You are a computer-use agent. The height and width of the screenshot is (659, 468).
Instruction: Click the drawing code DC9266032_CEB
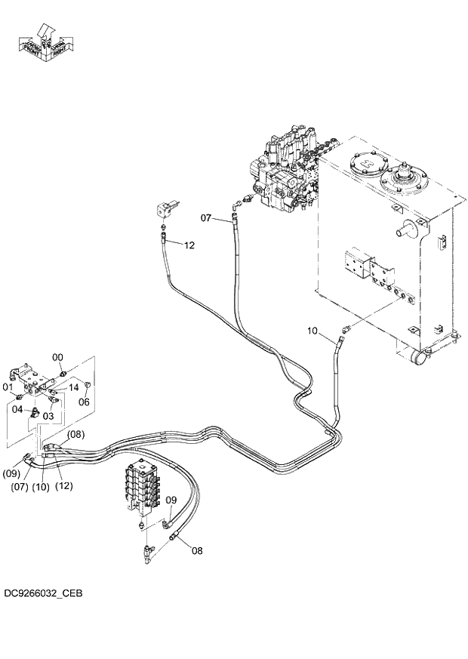click(43, 593)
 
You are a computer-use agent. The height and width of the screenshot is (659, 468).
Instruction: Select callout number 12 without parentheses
click(189, 245)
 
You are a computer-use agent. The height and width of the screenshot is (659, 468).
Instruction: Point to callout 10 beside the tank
click(315, 331)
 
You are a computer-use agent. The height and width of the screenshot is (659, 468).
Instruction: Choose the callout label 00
click(57, 357)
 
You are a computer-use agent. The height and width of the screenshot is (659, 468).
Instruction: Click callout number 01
click(9, 388)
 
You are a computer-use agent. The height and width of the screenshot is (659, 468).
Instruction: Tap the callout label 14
click(73, 387)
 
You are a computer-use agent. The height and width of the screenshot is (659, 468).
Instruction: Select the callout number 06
click(84, 402)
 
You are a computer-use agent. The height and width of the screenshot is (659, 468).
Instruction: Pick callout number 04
click(17, 408)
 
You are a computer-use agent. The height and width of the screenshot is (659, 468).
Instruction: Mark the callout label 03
click(47, 416)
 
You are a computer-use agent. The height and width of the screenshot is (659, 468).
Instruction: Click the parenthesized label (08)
click(75, 434)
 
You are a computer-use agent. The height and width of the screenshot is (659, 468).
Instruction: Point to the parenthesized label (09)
click(11, 473)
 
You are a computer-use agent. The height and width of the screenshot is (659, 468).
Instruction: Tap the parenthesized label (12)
click(64, 486)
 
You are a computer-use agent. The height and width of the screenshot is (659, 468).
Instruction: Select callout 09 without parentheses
click(171, 500)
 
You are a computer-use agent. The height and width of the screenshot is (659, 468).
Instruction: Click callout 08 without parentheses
click(196, 550)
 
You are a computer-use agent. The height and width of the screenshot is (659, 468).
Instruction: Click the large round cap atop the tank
click(405, 180)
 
